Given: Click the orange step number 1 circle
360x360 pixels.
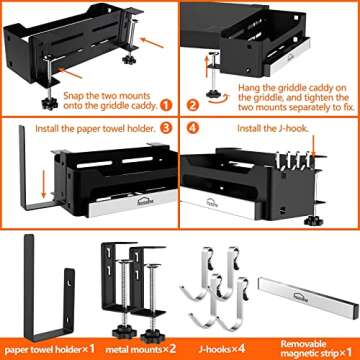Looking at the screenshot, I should [x=164, y=103].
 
